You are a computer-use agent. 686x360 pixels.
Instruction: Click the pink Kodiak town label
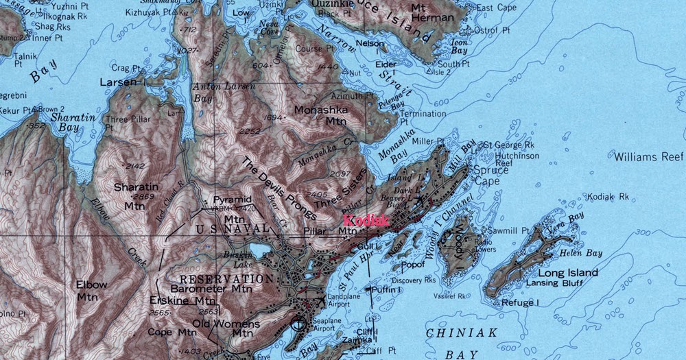point(366,221)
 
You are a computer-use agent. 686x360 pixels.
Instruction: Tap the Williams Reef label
point(648,156)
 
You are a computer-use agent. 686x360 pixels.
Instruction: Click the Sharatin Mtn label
point(135,195)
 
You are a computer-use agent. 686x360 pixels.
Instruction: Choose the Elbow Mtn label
point(92,290)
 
